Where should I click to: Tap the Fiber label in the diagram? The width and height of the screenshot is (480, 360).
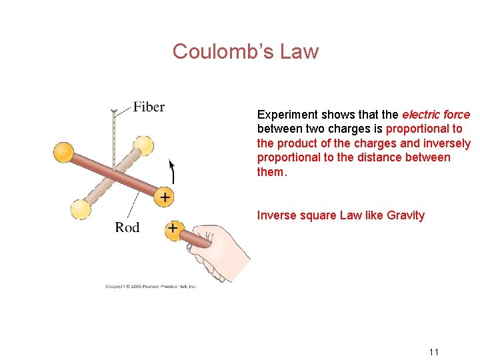[x=149, y=107]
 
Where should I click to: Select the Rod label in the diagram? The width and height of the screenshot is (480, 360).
[x=127, y=227]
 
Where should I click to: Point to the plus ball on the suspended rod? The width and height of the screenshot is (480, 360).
[x=164, y=197]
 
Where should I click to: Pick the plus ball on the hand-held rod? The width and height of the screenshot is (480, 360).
[x=173, y=229]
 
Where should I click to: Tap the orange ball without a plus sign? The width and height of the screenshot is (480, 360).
[x=64, y=151]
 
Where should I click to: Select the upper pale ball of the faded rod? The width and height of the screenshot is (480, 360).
[x=143, y=145]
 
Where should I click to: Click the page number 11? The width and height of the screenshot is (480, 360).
[x=433, y=352]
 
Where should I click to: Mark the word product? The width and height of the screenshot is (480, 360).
[x=297, y=143]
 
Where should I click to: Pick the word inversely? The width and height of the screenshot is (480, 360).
[x=447, y=143]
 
